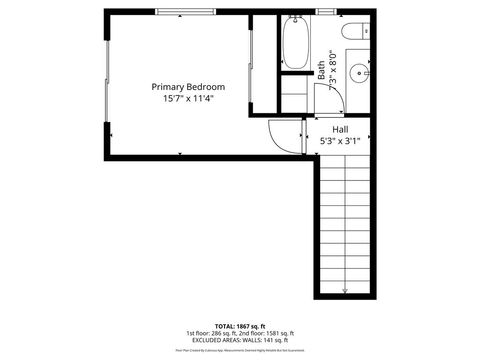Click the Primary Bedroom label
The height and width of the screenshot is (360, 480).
pyautogui.click(x=188, y=86)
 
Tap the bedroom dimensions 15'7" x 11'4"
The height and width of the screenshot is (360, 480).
pyautogui.click(x=188, y=98)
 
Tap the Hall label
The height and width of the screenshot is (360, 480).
pyautogui.click(x=339, y=129)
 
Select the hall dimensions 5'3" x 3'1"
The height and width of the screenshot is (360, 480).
pyautogui.click(x=339, y=141)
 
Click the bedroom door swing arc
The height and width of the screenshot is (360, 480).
pyautogui.click(x=285, y=135)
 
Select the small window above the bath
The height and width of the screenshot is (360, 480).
pyautogui.click(x=325, y=11)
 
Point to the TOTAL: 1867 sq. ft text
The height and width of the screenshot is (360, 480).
pyautogui.click(x=240, y=326)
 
